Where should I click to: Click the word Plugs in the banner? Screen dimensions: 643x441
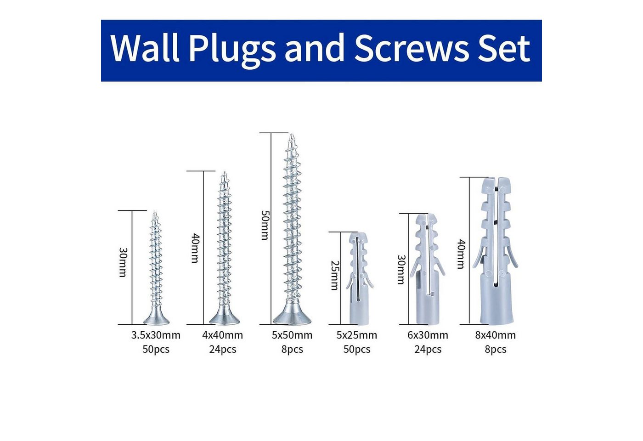pos(232,50)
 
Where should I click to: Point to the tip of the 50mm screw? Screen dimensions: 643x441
pos(292,134)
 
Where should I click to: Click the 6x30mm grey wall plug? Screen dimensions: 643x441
pos(428,269)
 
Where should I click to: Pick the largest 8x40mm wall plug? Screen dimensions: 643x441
pos(496,251)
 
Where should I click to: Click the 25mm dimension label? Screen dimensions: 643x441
pos(335,275)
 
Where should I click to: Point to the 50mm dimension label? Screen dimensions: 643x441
pos(265,225)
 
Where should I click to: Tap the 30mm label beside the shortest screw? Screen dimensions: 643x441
pos(123,262)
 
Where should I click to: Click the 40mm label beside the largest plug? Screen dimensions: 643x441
pos(461,254)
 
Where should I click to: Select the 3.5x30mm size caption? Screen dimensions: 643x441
pos(156,335)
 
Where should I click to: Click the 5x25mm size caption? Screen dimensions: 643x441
pos(356,335)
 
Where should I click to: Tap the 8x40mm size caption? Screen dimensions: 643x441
pos(496,335)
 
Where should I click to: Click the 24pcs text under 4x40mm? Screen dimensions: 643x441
pos(222,350)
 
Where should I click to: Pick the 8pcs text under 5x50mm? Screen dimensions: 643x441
pos(292,350)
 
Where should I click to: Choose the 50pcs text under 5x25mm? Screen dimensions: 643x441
pos(357,350)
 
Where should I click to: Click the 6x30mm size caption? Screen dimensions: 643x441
pos(428,335)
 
